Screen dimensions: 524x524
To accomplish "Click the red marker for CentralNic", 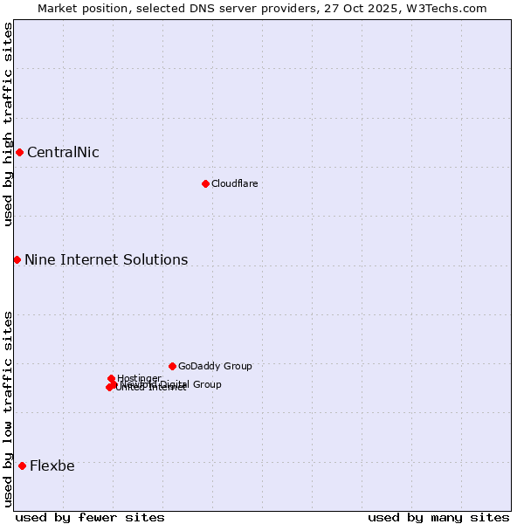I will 19,152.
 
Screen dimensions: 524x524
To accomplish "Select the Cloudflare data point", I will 205,183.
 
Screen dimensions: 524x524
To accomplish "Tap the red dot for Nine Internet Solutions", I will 17,259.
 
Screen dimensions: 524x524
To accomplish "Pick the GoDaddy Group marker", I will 172,366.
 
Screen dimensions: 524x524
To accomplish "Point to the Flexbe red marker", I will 22,465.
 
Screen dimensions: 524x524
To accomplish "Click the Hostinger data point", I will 111,378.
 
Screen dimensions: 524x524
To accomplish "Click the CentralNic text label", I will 63,153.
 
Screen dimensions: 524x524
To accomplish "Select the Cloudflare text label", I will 234,183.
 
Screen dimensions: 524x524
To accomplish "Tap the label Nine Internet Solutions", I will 106,260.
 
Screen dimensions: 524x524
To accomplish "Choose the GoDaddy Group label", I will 215,366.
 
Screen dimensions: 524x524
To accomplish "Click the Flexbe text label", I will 52,466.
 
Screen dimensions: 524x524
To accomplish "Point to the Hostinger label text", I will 140,378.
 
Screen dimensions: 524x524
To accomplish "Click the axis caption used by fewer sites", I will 90,517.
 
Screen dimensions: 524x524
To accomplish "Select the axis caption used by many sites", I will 438,517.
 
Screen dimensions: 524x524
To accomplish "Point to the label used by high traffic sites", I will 8,124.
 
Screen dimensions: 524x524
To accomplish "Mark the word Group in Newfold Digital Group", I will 205,384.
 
